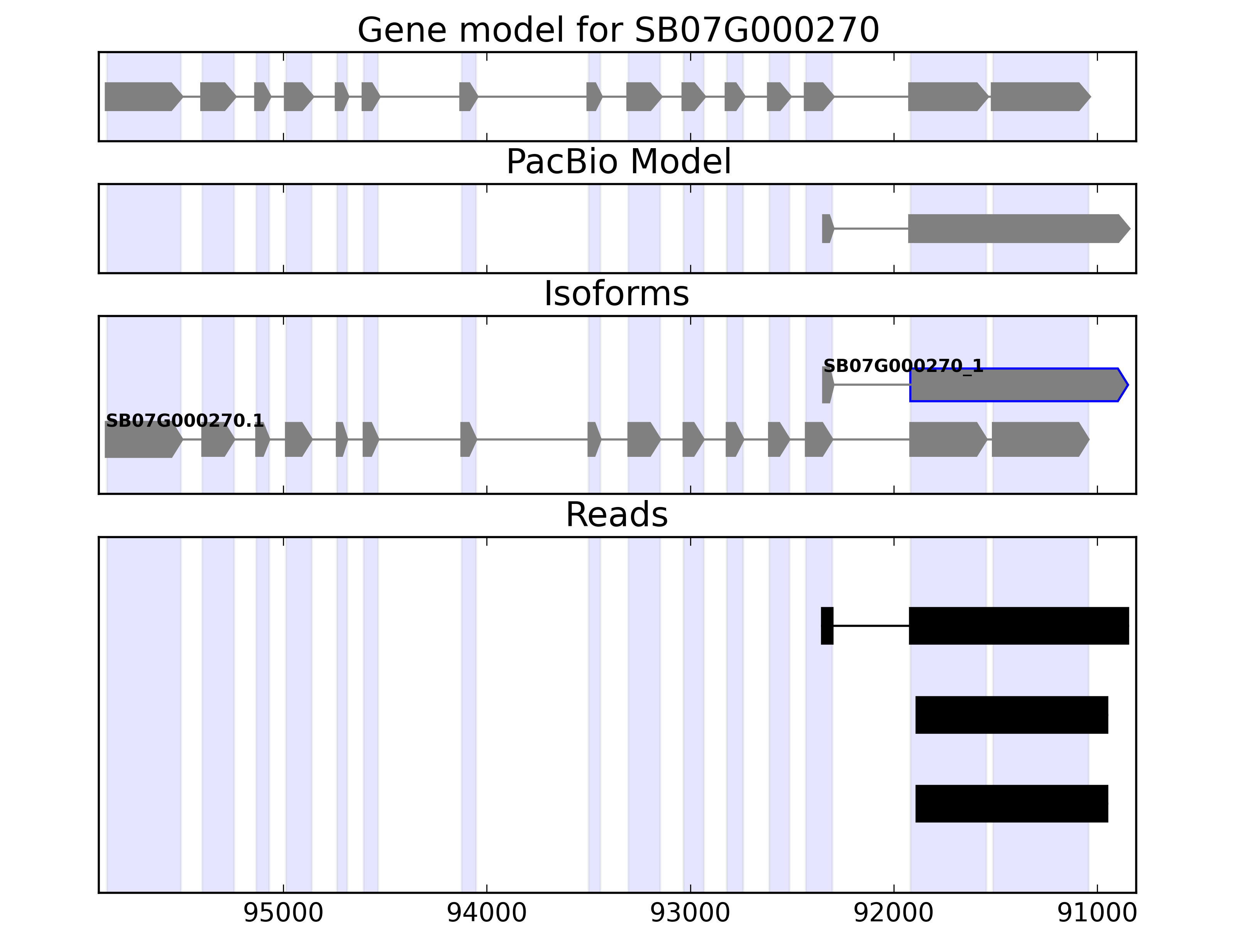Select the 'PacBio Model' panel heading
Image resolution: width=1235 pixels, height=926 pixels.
[617, 162]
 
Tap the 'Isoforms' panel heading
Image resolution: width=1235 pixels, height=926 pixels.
[616, 294]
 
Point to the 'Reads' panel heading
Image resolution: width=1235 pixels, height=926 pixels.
[616, 515]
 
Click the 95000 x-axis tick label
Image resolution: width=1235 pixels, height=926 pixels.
[284, 912]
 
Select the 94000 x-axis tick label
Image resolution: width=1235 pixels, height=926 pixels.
[487, 912]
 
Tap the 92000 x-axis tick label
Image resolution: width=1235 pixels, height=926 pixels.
[893, 912]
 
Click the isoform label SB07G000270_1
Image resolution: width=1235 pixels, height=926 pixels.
[903, 366]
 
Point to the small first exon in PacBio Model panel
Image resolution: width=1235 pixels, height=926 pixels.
[827, 228]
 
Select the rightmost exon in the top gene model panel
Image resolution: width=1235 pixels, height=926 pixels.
[1039, 96]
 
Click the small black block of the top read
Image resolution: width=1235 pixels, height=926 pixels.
[827, 626]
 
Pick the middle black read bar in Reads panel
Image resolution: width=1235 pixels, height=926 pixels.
[1011, 715]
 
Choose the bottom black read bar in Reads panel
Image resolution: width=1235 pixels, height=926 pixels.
[1011, 804]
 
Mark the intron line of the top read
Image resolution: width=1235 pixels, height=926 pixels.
[871, 626]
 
